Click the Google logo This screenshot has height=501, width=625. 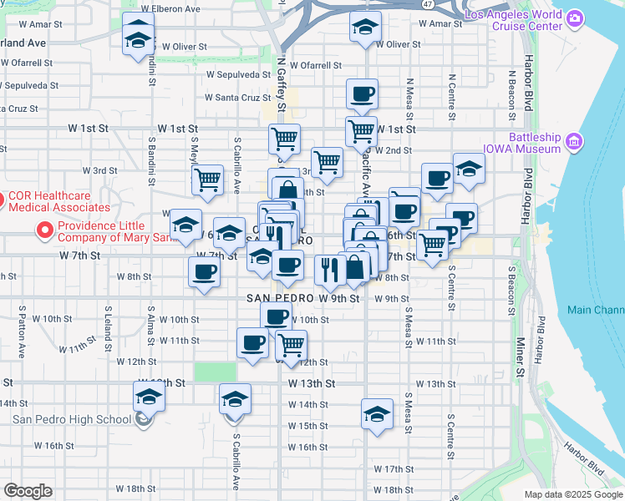click(x=28, y=491)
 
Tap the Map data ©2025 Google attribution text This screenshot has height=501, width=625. click(x=572, y=494)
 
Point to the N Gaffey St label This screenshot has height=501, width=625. click(x=282, y=83)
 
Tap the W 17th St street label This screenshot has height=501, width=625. click(x=394, y=469)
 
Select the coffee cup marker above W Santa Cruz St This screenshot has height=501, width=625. click(x=362, y=94)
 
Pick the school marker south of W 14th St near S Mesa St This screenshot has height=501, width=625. click(x=377, y=413)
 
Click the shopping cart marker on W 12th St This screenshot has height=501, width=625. click(x=290, y=344)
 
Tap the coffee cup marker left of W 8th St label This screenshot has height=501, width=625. click(x=204, y=271)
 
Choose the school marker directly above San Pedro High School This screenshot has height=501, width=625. click(x=149, y=396)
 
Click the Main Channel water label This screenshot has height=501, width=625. click(x=596, y=310)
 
